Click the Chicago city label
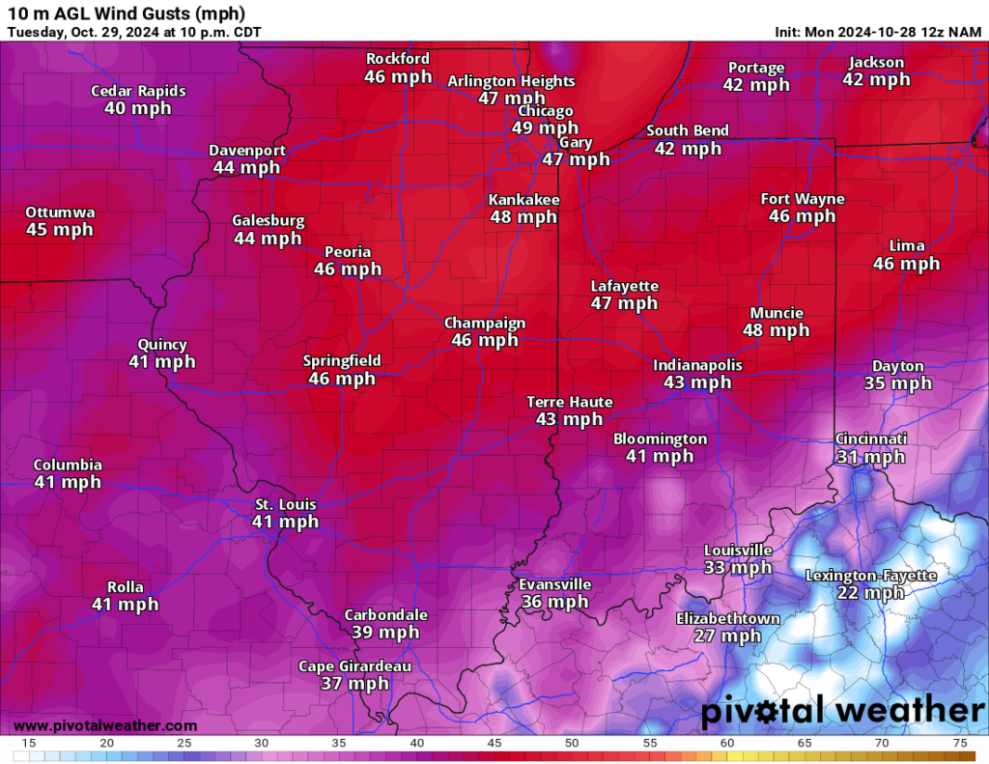pos(545,111)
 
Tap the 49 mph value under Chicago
pos(545,128)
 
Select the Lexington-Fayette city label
pos(871,576)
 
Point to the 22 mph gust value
pos(871,593)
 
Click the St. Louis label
pos(285,504)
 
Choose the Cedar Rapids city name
pos(138,91)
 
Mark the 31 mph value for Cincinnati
pos(871,457)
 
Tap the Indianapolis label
pos(697,365)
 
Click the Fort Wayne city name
pos(803,199)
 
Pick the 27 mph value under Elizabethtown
pos(727,636)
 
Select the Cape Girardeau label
pos(354,666)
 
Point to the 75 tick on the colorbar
pos(960,744)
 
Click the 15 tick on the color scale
pos(29,744)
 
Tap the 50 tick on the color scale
pos(572,744)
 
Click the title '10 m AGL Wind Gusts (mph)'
pos(126,14)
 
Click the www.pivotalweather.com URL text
pos(105,725)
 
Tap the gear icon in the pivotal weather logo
pos(768,712)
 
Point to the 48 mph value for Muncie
pos(776,330)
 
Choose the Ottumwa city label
pos(60,212)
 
